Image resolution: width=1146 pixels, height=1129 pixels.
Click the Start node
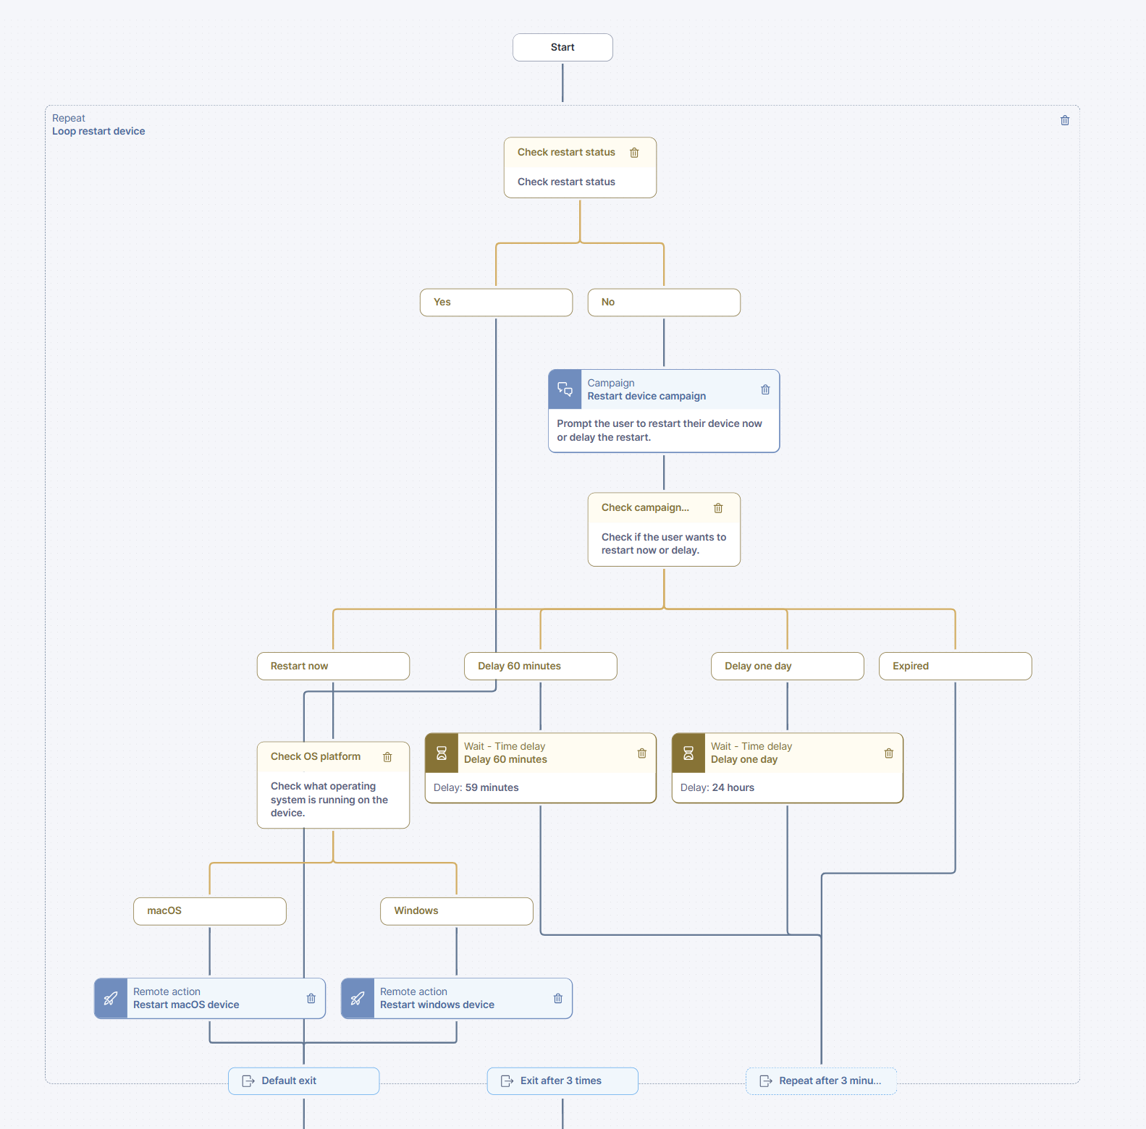click(563, 47)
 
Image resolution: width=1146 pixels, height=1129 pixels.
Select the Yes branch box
click(496, 303)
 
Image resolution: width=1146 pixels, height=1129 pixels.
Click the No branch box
click(664, 303)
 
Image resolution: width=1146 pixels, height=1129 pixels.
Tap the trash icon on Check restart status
click(634, 153)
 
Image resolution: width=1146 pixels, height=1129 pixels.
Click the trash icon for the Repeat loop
click(1065, 120)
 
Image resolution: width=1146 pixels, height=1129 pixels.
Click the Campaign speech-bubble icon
click(565, 389)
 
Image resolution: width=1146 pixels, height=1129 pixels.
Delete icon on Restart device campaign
click(765, 389)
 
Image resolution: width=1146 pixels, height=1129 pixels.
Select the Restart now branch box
click(333, 666)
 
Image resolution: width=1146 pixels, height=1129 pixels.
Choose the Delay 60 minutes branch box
click(540, 666)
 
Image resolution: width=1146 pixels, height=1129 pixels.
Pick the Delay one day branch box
click(787, 666)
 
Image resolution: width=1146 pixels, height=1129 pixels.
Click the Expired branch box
click(955, 666)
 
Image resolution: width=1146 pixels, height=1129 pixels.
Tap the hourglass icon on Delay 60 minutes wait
click(442, 753)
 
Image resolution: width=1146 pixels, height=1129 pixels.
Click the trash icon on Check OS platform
click(387, 757)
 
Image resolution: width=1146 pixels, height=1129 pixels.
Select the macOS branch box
click(210, 911)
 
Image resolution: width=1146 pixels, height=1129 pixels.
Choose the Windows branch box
click(457, 911)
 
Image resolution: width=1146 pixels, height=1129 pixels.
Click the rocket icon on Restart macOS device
click(111, 999)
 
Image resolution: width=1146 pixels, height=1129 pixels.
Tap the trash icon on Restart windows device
click(557, 999)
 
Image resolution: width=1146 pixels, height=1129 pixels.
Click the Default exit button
click(304, 1081)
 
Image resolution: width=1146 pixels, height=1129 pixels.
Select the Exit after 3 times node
click(563, 1081)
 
